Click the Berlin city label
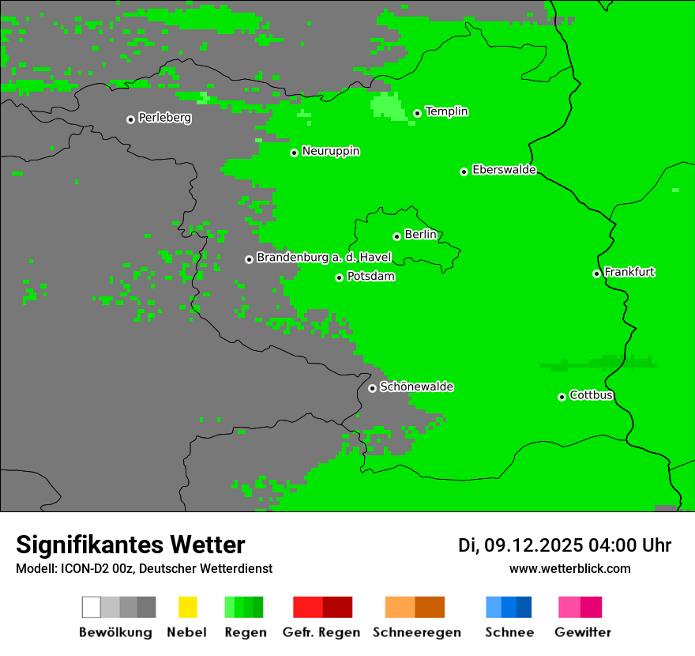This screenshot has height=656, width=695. coord(420,235)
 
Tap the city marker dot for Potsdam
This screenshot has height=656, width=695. coord(340,277)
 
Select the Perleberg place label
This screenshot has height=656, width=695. coord(164,118)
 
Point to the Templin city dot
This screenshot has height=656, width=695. coord(417,113)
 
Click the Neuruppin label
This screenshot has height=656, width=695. coord(330,151)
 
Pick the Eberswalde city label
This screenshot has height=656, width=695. coord(504,170)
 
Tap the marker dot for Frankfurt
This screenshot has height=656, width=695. coord(596,273)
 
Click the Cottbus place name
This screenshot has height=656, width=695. coord(592,395)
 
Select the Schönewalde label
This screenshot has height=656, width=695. coord(416,386)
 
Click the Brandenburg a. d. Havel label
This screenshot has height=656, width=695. coord(324,258)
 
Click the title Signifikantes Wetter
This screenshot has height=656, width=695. coord(130,545)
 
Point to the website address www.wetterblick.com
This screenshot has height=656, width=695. coord(569,568)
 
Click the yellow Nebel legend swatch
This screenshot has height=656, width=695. coord(187,607)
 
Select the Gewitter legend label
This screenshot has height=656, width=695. coord(583,632)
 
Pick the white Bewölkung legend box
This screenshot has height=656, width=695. coord(91,607)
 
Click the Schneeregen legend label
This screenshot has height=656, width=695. coord(416,632)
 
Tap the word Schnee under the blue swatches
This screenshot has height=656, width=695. coord(509,632)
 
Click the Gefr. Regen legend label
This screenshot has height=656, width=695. coord(321,632)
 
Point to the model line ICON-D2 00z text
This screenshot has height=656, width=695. coord(144,568)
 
